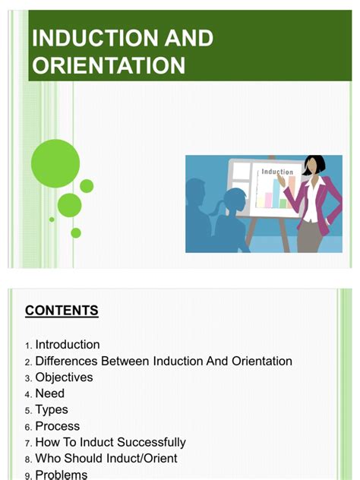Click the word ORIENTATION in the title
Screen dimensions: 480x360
click(x=109, y=65)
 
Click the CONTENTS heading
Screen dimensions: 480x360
click(x=62, y=311)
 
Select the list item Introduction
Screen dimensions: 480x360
click(x=68, y=345)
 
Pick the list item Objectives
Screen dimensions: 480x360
click(x=64, y=377)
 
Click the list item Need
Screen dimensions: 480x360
click(x=50, y=393)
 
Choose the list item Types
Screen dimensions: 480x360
click(x=52, y=410)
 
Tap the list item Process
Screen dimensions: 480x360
click(x=58, y=426)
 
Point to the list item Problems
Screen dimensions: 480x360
click(x=62, y=475)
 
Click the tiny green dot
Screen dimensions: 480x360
click(x=52, y=219)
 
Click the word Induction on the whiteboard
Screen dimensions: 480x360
click(x=276, y=172)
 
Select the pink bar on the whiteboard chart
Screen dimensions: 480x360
click(x=267, y=198)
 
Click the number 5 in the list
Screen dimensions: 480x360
click(x=28, y=411)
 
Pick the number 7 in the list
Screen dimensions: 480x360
click(x=28, y=443)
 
